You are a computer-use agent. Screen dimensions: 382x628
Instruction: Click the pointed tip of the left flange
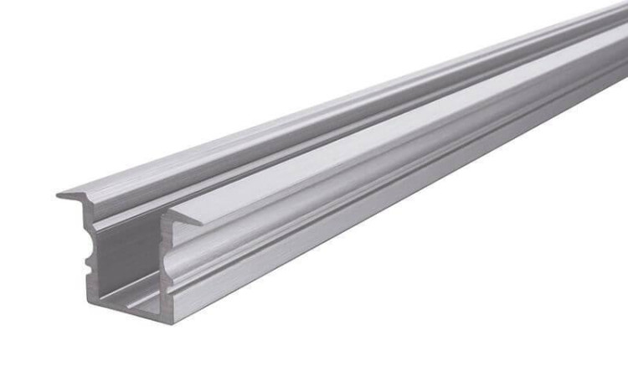(59, 195)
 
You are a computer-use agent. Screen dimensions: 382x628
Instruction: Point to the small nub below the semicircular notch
(89, 266)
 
